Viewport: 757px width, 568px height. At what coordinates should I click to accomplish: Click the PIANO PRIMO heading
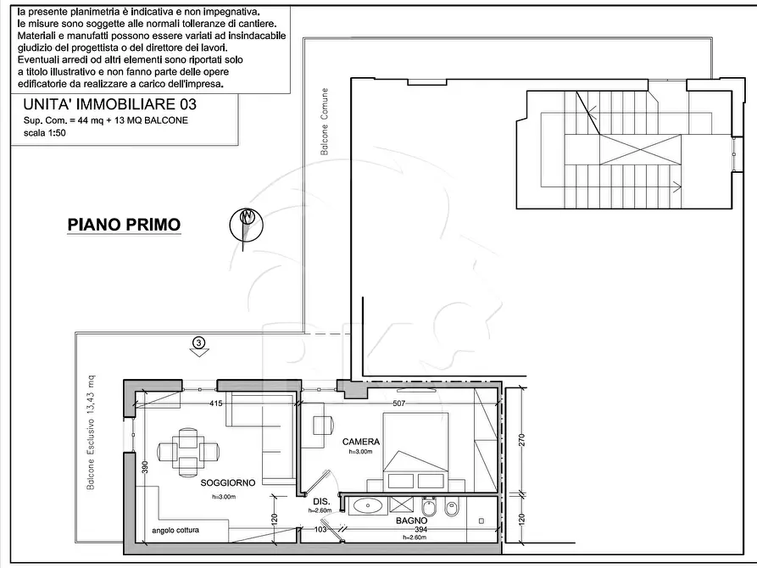tap(124, 225)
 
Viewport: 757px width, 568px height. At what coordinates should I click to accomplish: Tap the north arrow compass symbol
tap(246, 224)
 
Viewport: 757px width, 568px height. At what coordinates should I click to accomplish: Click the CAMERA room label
tap(360, 442)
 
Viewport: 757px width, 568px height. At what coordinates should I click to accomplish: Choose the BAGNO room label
tap(411, 521)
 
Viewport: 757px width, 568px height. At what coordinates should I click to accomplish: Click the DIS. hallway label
tap(321, 502)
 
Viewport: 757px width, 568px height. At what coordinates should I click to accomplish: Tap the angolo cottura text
tap(175, 530)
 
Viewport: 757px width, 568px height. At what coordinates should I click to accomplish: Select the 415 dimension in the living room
tap(216, 404)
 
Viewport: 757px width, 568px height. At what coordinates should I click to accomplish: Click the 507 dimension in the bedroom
tap(398, 404)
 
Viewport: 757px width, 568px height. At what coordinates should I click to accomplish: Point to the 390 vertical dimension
tap(145, 467)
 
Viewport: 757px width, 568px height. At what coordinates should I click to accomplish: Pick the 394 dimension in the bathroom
tap(421, 529)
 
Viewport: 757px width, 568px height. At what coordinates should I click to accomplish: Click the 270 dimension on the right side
tap(521, 440)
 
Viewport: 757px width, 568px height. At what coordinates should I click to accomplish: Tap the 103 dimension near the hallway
tap(320, 529)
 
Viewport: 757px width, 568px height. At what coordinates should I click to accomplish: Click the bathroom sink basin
tap(368, 506)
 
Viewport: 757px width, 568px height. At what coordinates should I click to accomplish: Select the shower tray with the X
tap(402, 506)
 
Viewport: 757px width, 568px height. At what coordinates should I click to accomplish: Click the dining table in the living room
tap(188, 452)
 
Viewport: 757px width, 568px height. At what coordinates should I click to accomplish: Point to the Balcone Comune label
tap(325, 122)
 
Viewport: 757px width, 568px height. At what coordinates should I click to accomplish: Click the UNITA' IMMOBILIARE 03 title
tap(110, 104)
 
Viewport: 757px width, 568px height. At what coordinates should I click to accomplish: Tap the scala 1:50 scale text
tap(44, 133)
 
